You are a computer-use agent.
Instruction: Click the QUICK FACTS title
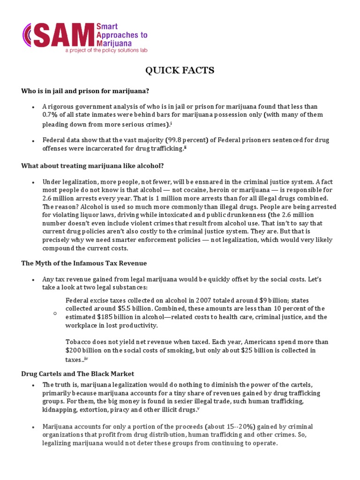pos(180,71)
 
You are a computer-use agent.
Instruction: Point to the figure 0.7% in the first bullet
pos(50,115)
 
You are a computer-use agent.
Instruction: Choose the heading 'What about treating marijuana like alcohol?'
pos(92,166)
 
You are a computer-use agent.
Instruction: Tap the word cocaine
pos(172,190)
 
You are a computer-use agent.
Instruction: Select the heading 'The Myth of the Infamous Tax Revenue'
pos(84,263)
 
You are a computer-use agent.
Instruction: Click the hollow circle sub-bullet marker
pos(55,313)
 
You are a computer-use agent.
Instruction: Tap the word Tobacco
pos(79,342)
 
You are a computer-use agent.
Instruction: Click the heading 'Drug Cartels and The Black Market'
pos(78,374)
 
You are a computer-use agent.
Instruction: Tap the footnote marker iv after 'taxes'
pos(86,359)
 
